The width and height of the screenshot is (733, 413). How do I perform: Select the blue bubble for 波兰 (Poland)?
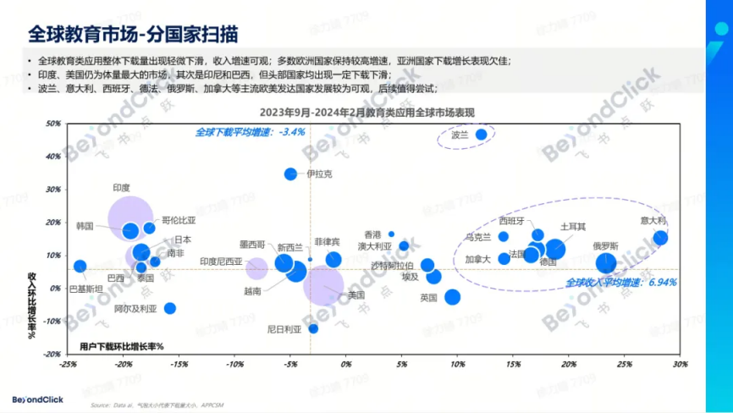tap(481, 135)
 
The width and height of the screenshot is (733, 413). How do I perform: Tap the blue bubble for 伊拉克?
tap(290, 173)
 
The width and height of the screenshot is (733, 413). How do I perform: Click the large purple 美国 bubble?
tap(322, 284)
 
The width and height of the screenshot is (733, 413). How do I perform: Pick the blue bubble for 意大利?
tap(660, 238)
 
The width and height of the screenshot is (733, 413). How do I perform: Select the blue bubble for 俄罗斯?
tap(606, 263)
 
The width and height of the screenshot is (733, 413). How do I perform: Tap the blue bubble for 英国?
tap(453, 297)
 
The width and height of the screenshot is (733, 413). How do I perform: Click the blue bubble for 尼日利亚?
tap(313, 328)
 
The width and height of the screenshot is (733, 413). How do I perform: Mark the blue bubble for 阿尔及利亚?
tap(170, 308)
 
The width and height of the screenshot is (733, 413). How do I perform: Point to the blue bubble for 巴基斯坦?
tap(80, 266)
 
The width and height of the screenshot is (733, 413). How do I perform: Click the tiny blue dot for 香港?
tap(391, 234)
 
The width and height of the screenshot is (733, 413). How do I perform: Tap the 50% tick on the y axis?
tap(52, 124)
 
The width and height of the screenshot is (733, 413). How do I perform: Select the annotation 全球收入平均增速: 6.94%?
tap(621, 282)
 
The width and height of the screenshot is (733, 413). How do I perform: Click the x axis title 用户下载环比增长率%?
tap(121, 347)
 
